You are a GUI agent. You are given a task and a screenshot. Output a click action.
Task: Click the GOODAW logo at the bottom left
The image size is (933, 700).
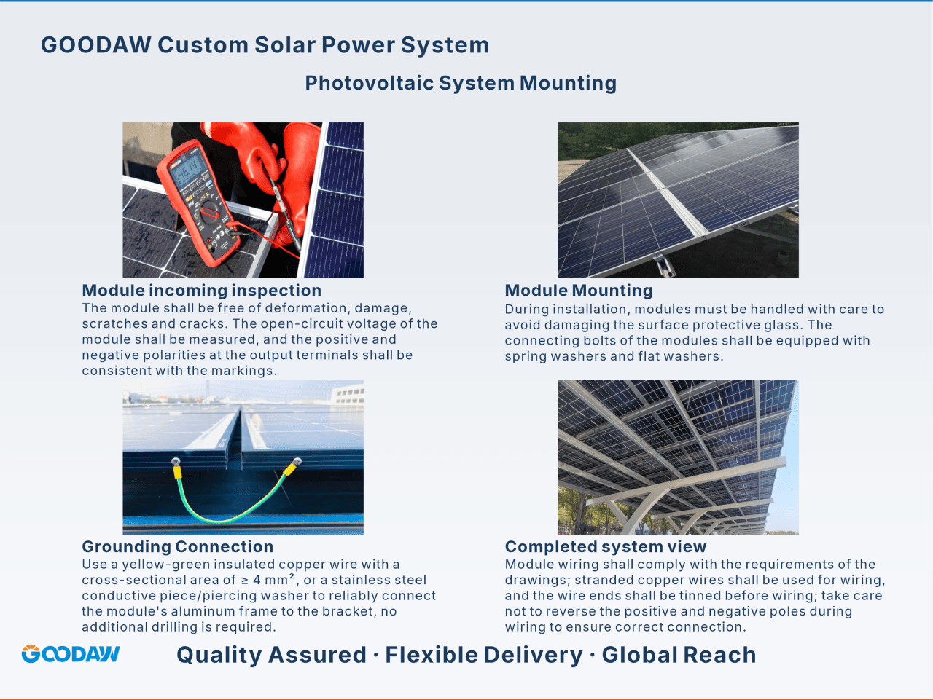[71, 653]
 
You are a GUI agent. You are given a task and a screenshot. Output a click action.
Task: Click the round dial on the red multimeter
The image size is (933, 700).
[210, 211]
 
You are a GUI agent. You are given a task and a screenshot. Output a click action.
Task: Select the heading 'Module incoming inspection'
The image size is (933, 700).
[201, 291]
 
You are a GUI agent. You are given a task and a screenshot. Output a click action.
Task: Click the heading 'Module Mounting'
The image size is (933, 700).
[579, 291]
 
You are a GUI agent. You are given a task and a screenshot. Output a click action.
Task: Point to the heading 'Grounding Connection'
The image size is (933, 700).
[178, 546]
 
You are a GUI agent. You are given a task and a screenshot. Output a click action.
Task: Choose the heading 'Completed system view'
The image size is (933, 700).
[606, 546]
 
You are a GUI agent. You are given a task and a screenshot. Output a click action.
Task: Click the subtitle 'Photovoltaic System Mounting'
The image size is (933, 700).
[461, 83]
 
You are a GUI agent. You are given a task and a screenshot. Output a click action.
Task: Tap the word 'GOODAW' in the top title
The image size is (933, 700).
[96, 44]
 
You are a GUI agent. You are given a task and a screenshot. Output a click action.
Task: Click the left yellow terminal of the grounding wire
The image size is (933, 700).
[177, 471]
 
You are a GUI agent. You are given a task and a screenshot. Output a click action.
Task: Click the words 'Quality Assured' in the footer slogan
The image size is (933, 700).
[271, 655]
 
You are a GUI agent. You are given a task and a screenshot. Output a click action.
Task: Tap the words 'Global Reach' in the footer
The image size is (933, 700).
[679, 655]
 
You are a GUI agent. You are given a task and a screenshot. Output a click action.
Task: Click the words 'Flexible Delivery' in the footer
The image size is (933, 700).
[484, 655]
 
